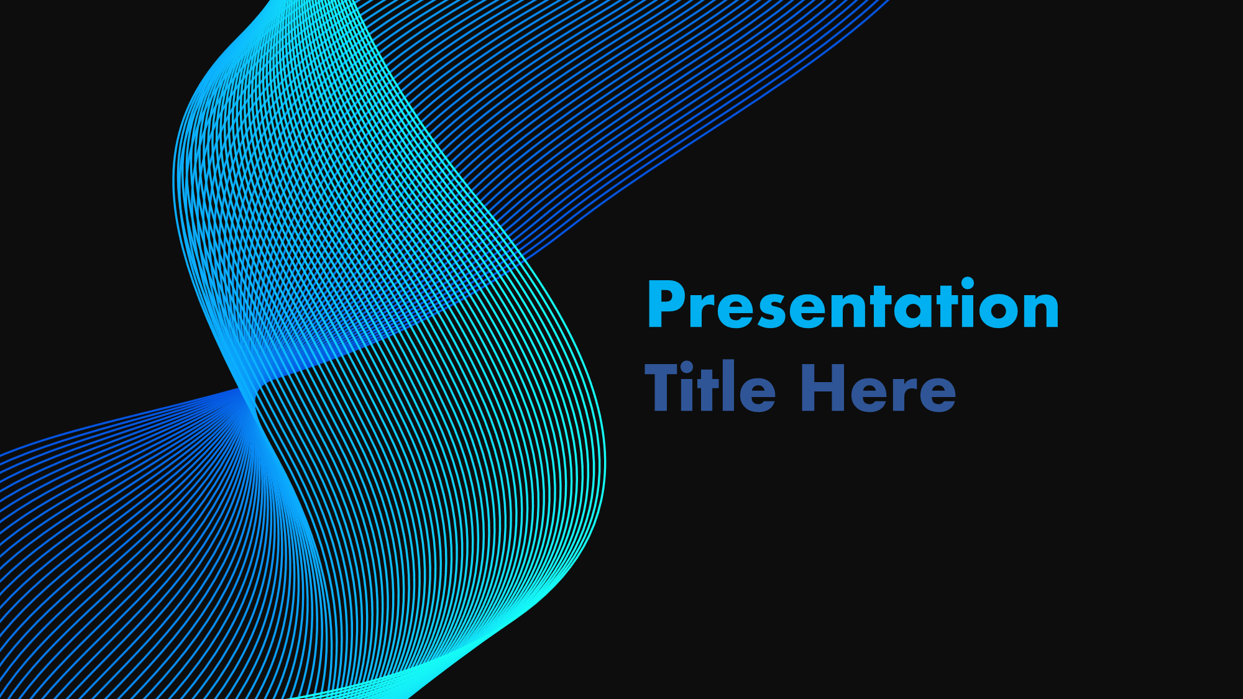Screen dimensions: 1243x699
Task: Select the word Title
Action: click(710, 386)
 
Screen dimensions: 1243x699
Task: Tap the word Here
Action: click(878, 388)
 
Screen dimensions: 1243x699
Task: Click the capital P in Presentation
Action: click(666, 304)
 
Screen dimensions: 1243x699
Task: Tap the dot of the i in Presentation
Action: click(968, 284)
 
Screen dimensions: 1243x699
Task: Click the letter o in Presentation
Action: click(999, 310)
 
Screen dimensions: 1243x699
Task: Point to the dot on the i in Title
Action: click(687, 368)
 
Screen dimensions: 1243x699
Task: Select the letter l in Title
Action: click(727, 385)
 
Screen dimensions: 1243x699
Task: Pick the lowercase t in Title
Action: click(707, 390)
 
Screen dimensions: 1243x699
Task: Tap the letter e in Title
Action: click(757, 394)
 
